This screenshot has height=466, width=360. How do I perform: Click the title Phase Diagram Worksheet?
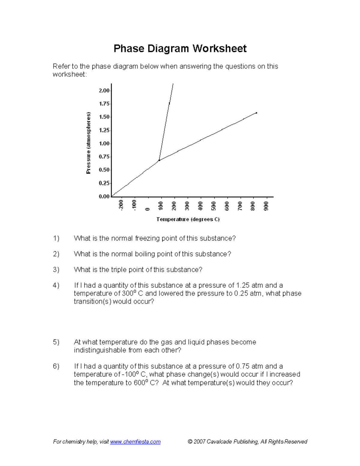point(180,49)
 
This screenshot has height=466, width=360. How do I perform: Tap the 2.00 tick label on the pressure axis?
point(104,91)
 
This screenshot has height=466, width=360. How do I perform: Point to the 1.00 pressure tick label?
point(104,143)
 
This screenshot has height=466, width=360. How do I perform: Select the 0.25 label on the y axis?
point(104,183)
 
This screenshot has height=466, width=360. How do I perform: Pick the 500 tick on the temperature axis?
point(214,206)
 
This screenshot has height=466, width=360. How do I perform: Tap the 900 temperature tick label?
point(266,206)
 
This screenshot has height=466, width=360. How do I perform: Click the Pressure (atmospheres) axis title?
point(88,143)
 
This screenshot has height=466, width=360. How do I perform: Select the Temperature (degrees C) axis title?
point(188,219)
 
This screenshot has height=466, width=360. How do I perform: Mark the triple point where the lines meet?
point(159,160)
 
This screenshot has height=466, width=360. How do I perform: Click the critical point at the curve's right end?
point(256,113)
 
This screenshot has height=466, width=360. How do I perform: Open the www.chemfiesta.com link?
point(135,442)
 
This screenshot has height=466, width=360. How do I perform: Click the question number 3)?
point(56,270)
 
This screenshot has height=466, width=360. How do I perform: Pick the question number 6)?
point(56,366)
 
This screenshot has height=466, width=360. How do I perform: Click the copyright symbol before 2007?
point(190,442)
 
